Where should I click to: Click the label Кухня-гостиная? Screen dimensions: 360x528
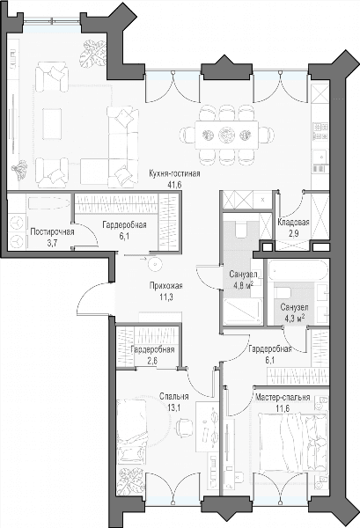click(175, 174)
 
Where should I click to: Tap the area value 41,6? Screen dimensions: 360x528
click(175, 185)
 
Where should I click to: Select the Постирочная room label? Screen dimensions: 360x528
click(52, 231)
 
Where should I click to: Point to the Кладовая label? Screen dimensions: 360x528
click(293, 222)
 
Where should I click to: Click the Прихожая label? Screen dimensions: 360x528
click(166, 286)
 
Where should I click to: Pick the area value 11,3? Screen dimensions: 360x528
click(166, 297)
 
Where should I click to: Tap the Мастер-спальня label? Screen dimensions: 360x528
click(283, 398)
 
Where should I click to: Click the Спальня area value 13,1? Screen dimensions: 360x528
click(174, 407)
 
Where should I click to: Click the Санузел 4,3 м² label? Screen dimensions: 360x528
click(294, 312)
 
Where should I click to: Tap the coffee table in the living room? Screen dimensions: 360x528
click(52, 123)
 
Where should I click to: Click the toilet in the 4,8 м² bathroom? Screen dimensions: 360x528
click(240, 230)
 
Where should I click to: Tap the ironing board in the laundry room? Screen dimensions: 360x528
click(49, 203)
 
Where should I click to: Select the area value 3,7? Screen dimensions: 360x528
click(52, 243)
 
